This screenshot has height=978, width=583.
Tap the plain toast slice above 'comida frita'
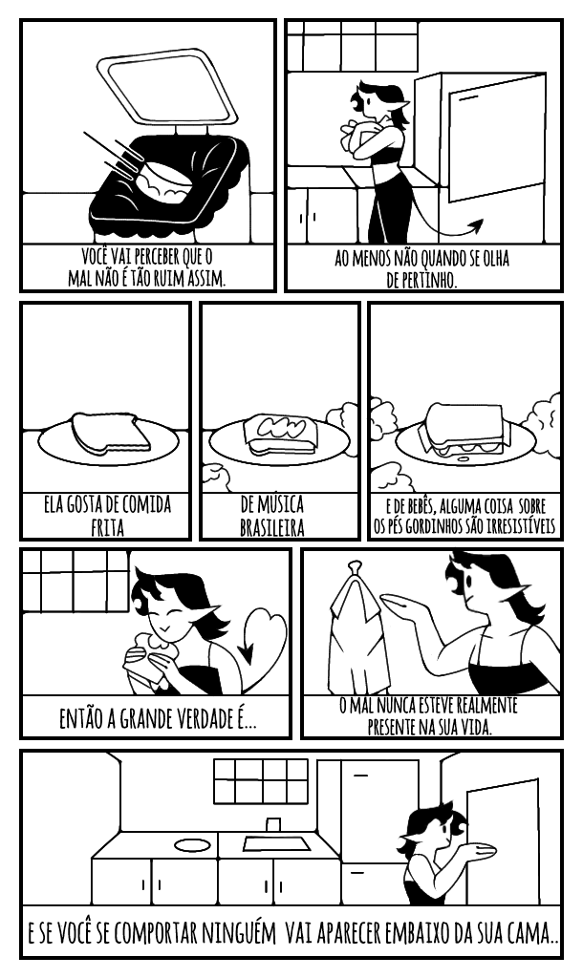click(111, 433)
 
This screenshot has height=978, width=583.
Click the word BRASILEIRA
click(272, 527)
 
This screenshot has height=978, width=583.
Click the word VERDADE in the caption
click(192, 719)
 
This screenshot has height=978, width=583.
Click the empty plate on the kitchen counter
click(193, 845)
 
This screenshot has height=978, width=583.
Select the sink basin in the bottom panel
click(276, 844)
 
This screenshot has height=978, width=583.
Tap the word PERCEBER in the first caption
click(157, 256)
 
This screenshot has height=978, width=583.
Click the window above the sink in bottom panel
click(261, 781)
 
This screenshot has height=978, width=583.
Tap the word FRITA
click(107, 527)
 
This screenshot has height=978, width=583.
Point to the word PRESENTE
click(396, 727)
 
